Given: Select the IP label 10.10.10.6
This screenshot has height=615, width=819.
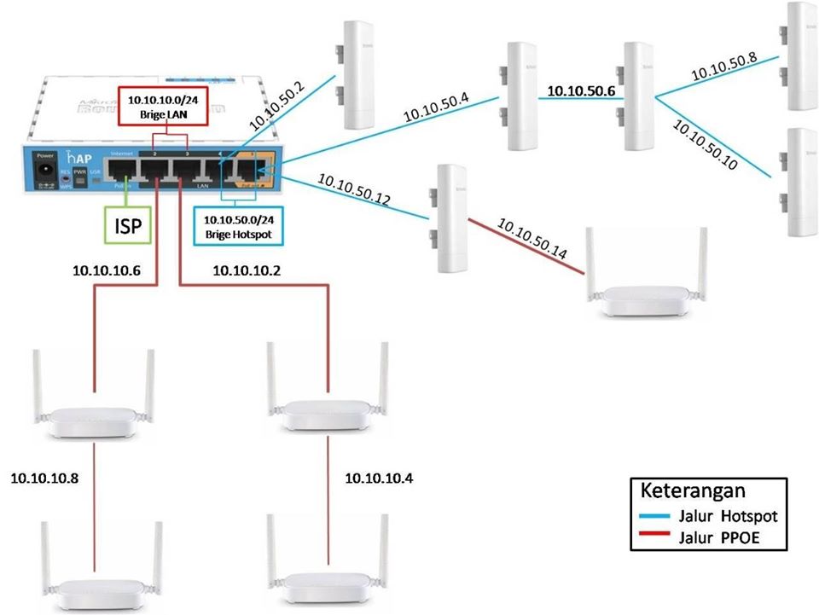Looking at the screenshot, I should [x=106, y=271].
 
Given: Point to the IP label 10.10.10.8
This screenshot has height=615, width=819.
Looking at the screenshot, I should [x=44, y=479].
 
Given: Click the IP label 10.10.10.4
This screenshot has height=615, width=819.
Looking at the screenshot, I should [x=379, y=479].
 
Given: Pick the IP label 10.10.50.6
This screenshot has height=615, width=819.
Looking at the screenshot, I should [x=580, y=90].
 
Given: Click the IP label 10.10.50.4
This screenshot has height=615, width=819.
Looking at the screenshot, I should [x=435, y=107].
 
